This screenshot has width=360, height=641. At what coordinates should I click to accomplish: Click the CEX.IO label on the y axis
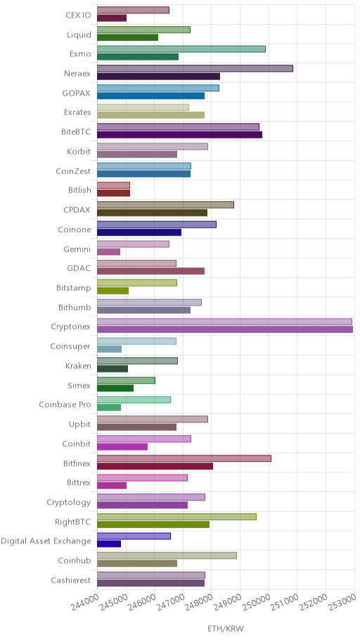click(x=79, y=15)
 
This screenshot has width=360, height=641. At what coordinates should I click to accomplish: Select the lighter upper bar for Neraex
click(x=195, y=69)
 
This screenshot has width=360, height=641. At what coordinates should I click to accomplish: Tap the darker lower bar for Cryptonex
click(x=225, y=330)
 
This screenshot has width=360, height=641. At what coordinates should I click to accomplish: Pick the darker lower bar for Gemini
click(x=109, y=252)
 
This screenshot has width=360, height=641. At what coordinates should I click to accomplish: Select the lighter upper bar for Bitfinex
click(x=184, y=458)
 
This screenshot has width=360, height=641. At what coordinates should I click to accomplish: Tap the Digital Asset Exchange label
click(x=46, y=541)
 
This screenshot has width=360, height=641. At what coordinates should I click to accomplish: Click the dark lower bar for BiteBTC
click(x=179, y=135)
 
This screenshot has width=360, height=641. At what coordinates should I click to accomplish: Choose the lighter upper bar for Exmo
click(x=181, y=49)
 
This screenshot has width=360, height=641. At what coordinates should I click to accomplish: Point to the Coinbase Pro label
click(x=65, y=405)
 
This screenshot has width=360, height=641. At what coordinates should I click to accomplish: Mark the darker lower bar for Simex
click(x=115, y=388)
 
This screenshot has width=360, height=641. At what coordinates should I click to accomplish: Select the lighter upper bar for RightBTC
click(x=176, y=517)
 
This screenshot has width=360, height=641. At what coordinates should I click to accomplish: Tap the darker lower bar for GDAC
click(x=151, y=271)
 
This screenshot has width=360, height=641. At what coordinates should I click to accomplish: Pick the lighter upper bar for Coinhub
click(x=167, y=555)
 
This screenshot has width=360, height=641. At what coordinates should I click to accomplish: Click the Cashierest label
click(x=71, y=581)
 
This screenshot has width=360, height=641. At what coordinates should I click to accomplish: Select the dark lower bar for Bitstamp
click(x=113, y=291)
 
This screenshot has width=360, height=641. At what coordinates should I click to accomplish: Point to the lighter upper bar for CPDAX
click(x=166, y=205)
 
